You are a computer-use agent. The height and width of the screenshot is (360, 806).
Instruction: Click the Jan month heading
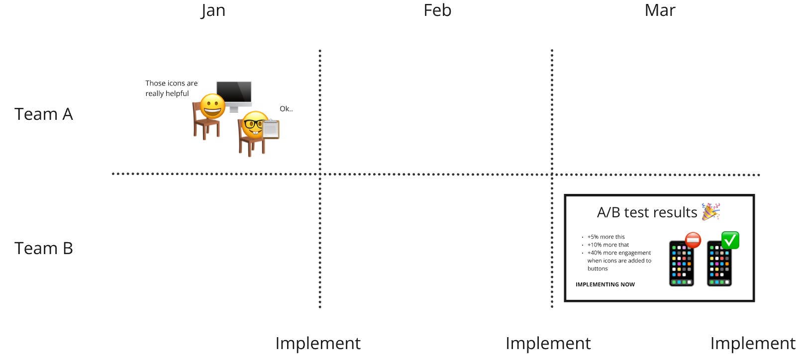click(x=213, y=10)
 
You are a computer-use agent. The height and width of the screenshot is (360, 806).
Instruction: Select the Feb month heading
click(x=437, y=10)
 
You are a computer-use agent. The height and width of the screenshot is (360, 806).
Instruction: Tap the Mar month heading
click(x=660, y=10)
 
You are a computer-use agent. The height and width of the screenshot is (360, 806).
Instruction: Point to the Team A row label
click(x=44, y=114)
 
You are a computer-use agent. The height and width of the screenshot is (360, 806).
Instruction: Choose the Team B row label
click(x=44, y=248)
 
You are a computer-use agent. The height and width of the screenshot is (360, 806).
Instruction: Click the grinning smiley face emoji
click(x=212, y=106)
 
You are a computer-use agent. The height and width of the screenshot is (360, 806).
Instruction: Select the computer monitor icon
click(x=234, y=94)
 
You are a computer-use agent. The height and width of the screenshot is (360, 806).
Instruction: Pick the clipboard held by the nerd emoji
click(x=271, y=129)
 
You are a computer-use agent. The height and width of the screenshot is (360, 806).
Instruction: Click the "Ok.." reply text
click(x=286, y=109)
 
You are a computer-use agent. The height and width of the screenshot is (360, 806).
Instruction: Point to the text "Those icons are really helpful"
click(x=171, y=89)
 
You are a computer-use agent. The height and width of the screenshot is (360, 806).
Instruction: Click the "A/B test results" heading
click(x=647, y=212)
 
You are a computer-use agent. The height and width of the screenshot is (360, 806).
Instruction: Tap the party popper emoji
click(x=710, y=211)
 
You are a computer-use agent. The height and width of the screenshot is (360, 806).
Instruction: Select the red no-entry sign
click(x=693, y=240)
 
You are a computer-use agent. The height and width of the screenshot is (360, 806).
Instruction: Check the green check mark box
click(x=730, y=240)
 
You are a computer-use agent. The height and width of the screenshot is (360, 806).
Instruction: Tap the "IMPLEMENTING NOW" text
click(x=605, y=284)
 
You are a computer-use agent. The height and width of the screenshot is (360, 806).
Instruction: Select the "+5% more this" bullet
click(x=606, y=237)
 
